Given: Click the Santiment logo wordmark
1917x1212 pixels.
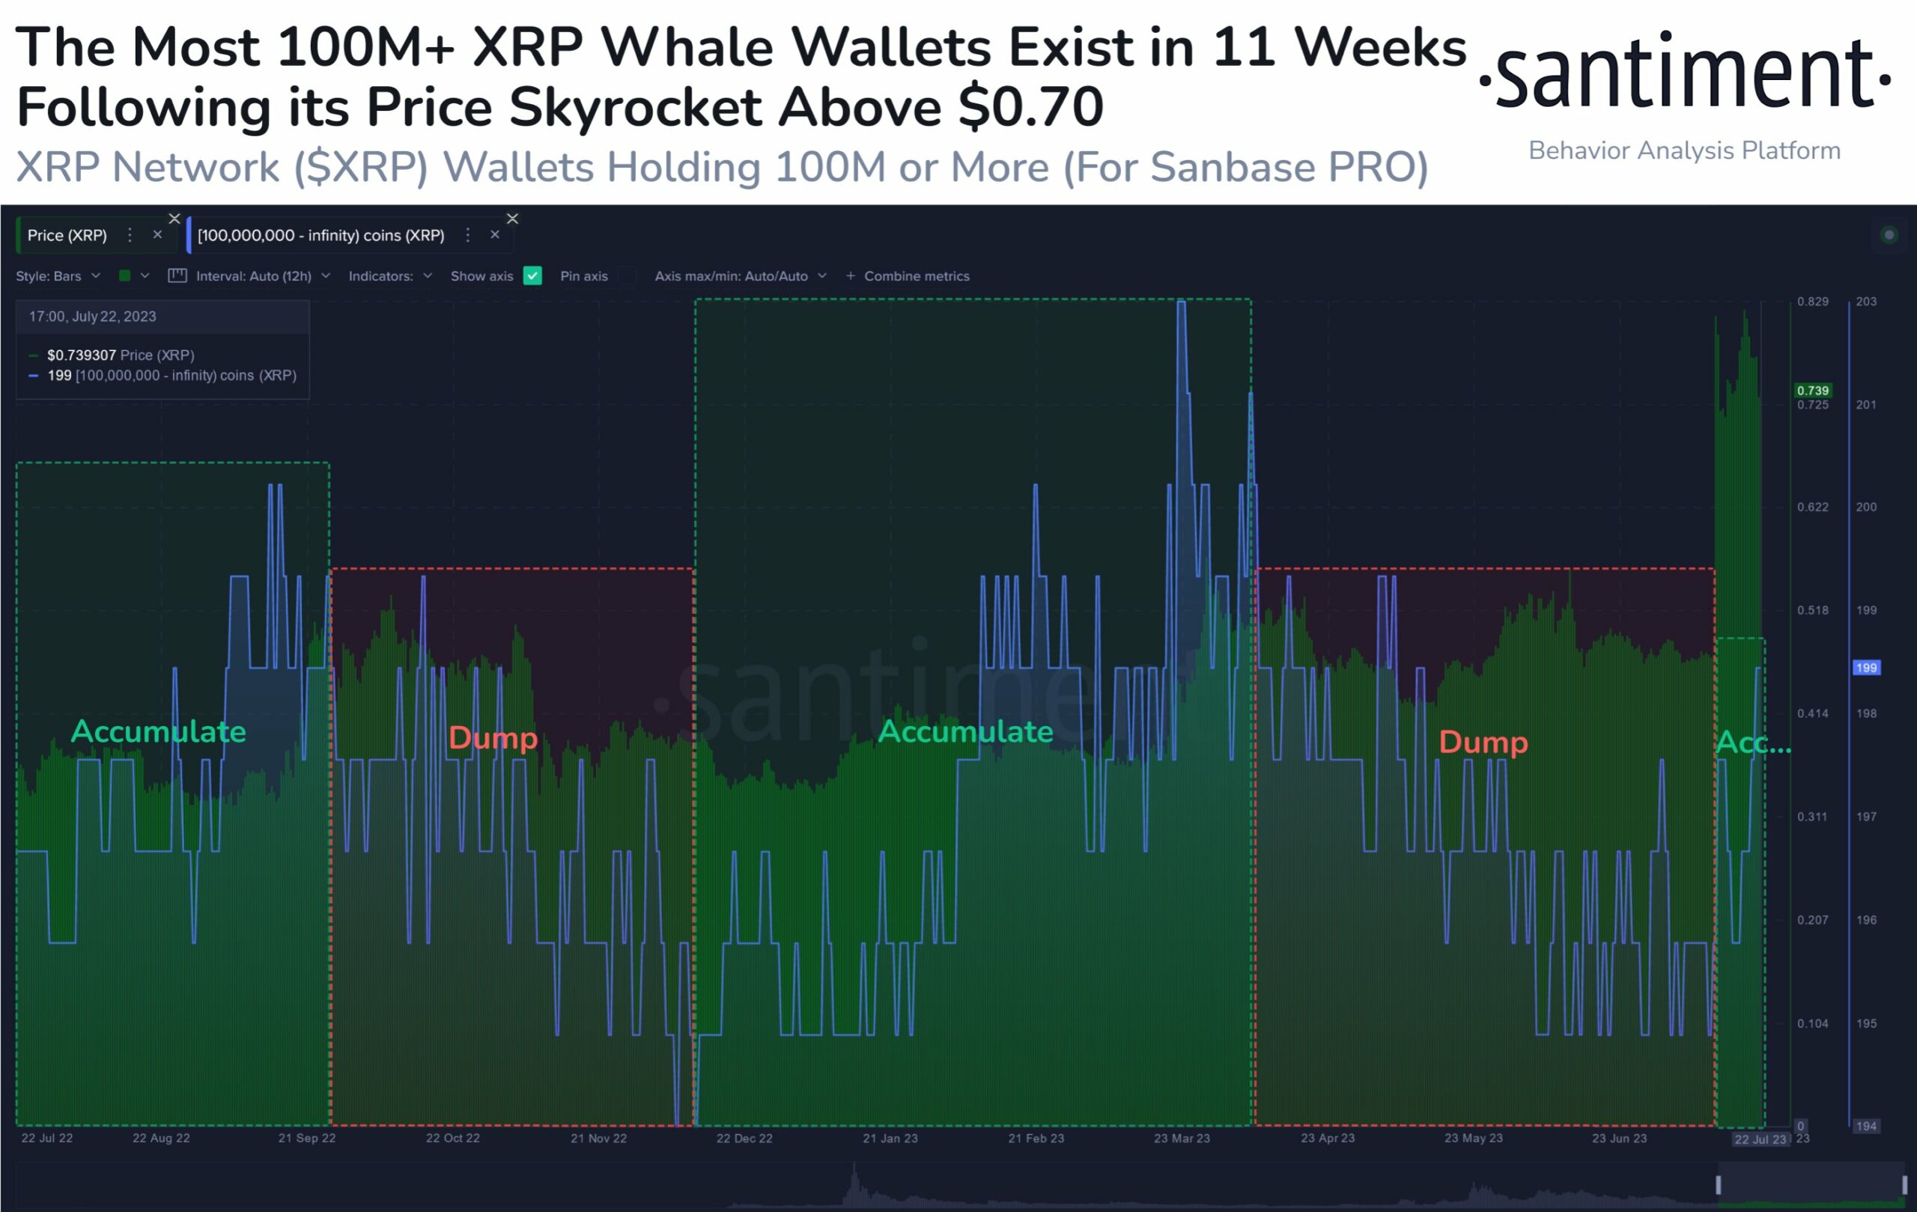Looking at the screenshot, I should [1684, 74].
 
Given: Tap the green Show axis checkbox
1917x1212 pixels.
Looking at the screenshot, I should [532, 276].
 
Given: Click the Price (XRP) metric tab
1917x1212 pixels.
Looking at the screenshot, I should [67, 236].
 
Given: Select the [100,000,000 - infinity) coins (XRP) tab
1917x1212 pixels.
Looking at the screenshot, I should [320, 236].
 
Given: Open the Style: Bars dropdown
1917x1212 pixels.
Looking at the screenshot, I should [58, 276].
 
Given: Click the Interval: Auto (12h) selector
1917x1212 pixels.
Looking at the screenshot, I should [254, 276].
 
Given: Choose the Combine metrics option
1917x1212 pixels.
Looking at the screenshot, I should [916, 276].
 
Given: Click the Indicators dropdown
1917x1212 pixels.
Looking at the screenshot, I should [389, 276].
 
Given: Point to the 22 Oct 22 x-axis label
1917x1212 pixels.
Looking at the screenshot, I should [452, 1138].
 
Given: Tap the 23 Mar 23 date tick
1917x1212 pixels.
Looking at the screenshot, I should [1182, 1138].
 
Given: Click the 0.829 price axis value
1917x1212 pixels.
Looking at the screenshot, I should [1813, 302].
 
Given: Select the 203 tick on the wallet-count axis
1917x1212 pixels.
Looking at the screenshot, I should [1866, 302].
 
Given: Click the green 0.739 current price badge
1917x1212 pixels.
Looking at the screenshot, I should [1813, 390].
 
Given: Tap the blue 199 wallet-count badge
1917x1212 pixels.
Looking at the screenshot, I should [1866, 668].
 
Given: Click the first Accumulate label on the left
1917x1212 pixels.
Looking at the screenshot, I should [159, 731].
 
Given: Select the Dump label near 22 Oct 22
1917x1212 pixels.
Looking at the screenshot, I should [493, 737].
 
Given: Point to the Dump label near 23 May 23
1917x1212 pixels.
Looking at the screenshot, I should [1483, 742].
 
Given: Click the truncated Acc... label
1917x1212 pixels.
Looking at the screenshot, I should [1753, 743].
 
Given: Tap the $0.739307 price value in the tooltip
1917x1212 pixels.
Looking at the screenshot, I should [81, 355].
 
